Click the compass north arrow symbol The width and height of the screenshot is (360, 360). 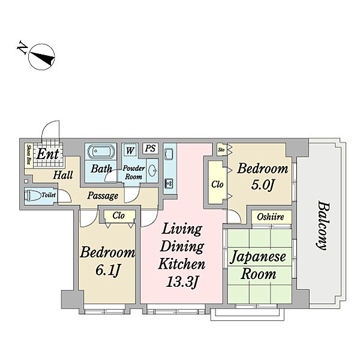coord(41,57)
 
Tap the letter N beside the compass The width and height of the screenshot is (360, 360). coord(22,47)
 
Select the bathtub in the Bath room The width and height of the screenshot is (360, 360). coord(101,151)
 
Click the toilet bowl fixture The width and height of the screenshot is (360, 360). coord(32,196)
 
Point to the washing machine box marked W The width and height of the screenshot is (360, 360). coord(130,151)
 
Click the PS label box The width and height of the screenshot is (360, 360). coord(151,148)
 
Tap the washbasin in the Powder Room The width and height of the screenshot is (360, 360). coord(152,170)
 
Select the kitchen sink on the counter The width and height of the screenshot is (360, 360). coord(170,154)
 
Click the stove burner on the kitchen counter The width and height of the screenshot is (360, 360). coord(170,183)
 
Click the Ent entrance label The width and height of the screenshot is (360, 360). coord(47,154)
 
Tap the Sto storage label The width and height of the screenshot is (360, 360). coord(221,149)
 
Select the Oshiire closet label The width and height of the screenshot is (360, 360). coord(271,217)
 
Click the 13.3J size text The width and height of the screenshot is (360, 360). coord(182,281)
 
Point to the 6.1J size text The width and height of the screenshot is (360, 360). coord(107,270)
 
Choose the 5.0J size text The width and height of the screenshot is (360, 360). coord(263,184)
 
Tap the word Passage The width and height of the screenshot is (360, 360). coord(103,196)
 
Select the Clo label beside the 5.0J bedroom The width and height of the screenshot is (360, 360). coord(217,184)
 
